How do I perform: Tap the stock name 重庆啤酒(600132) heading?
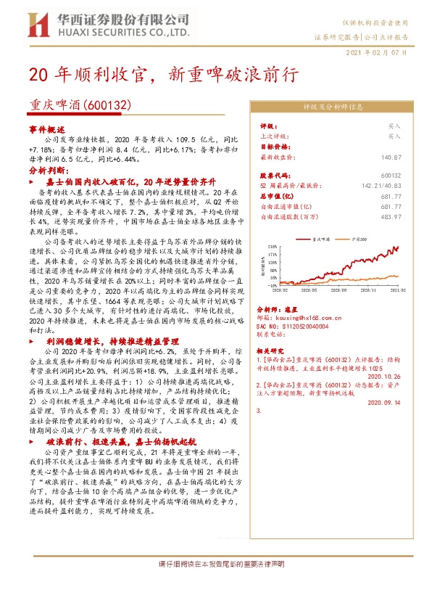[x=80, y=105]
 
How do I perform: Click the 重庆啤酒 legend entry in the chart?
[x=322, y=238]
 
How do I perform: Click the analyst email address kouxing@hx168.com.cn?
[x=310, y=316]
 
